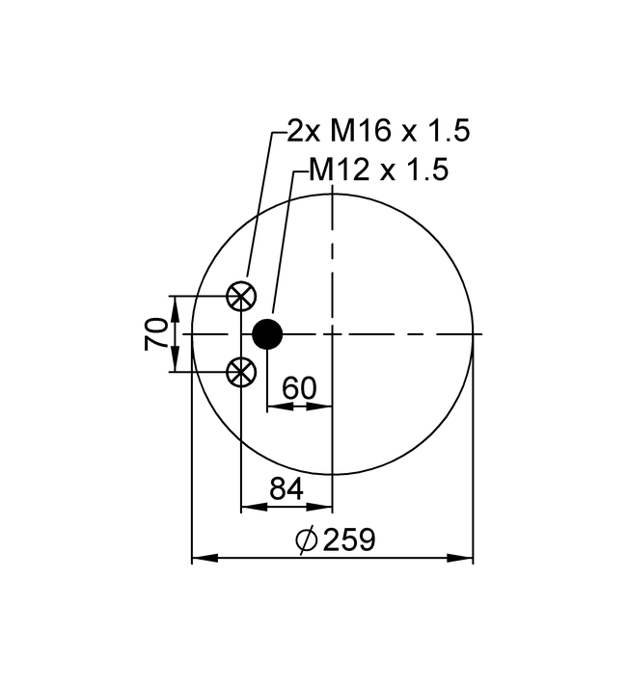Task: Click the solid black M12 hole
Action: click(x=268, y=334)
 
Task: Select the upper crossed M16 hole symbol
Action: click(x=241, y=296)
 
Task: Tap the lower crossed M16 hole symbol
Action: click(x=241, y=372)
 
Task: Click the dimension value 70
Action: click(x=156, y=334)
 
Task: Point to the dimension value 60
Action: click(x=299, y=387)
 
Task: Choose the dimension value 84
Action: click(x=286, y=488)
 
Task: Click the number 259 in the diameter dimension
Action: click(x=349, y=539)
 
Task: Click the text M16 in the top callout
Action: click(x=360, y=130)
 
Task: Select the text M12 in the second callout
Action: click(x=339, y=169)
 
